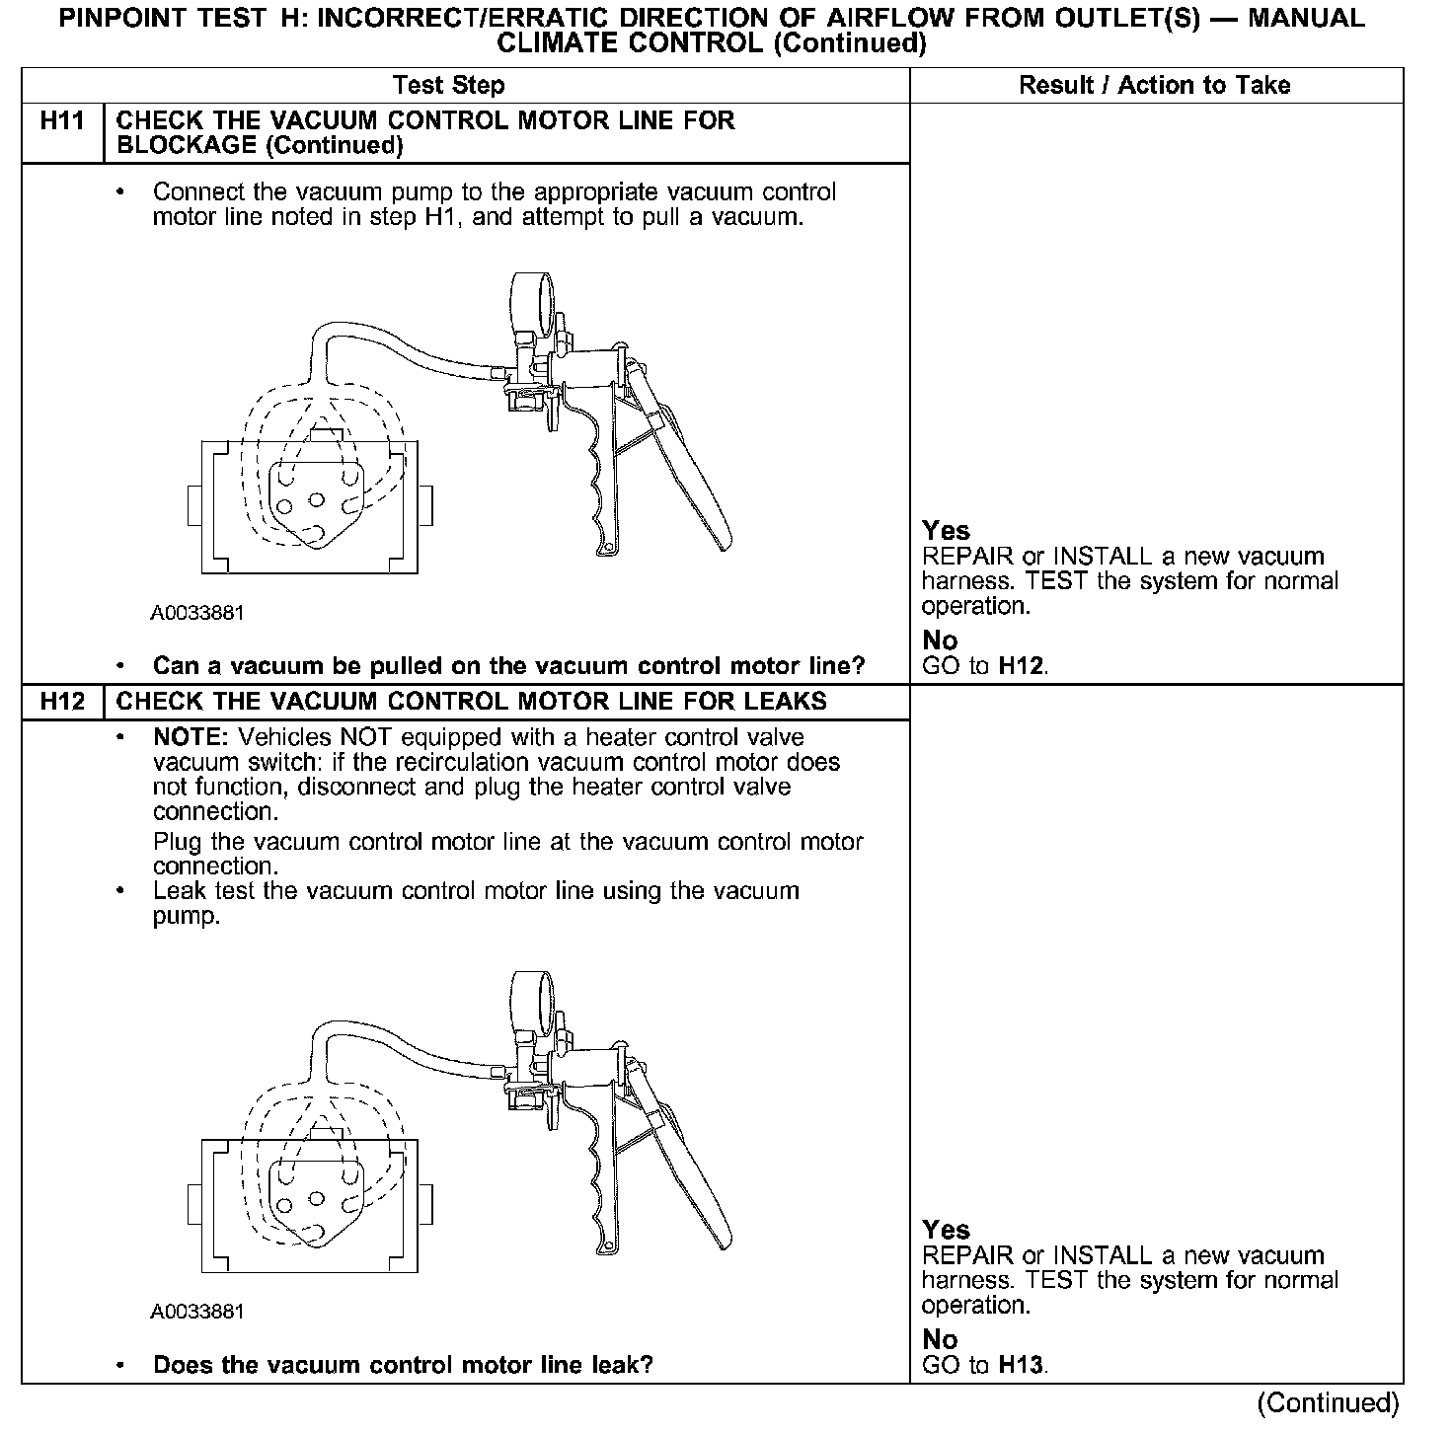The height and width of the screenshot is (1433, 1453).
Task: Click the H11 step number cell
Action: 61,121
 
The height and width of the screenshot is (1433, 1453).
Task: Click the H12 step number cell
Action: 61,702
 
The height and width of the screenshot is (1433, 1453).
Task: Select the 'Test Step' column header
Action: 448,86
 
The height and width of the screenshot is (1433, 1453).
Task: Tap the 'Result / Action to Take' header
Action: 1154,86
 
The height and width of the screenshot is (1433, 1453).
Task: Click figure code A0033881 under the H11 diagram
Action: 197,613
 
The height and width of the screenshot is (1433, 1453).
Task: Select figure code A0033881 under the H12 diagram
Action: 197,1312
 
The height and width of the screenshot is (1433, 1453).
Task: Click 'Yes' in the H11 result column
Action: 946,531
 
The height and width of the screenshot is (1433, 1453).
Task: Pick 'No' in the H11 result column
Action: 940,641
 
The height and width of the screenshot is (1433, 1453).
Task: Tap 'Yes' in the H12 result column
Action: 946,1230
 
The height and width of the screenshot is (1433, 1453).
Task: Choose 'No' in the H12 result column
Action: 940,1339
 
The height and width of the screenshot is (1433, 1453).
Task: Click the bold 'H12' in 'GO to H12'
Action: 1021,666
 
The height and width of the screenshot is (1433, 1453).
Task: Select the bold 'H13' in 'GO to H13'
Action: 1021,1366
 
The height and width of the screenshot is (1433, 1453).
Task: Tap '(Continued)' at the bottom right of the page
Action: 1328,1403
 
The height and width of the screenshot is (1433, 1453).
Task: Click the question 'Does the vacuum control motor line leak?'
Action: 403,1366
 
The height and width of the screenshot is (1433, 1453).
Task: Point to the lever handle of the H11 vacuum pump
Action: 691,474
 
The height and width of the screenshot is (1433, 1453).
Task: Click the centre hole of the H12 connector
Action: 316,1198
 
